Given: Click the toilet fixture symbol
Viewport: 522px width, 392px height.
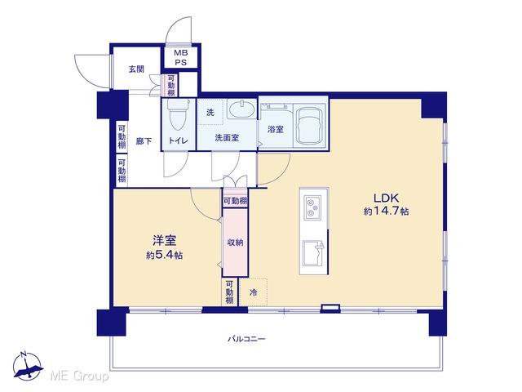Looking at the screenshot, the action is (178, 114).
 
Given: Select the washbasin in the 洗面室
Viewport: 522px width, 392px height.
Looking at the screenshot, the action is (241, 109).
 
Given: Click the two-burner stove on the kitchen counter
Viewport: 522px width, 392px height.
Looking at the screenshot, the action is (312, 207).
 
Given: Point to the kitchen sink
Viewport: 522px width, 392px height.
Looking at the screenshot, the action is (313, 252).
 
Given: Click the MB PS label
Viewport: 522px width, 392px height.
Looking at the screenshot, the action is (181, 57).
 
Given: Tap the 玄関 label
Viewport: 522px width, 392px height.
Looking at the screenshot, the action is (136, 69).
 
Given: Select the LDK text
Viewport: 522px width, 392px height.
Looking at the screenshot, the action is (386, 198).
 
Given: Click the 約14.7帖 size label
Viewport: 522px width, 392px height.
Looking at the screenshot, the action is (386, 212).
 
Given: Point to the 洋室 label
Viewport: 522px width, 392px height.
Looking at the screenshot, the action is (165, 241).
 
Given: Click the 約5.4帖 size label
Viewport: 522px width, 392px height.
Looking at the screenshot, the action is (164, 256).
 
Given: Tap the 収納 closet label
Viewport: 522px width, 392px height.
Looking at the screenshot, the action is (235, 243).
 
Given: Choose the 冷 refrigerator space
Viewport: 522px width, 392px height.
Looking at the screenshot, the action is (254, 292).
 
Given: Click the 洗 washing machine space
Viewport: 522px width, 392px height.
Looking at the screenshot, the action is (210, 113).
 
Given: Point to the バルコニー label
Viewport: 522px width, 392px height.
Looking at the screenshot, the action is (246, 339).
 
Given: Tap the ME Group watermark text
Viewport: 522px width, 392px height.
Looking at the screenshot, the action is (79, 376).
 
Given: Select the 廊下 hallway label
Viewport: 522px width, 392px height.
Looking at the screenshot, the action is (144, 141).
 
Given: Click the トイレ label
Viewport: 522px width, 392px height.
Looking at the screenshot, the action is (178, 140).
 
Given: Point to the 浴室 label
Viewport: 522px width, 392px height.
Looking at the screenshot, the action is (276, 129).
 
